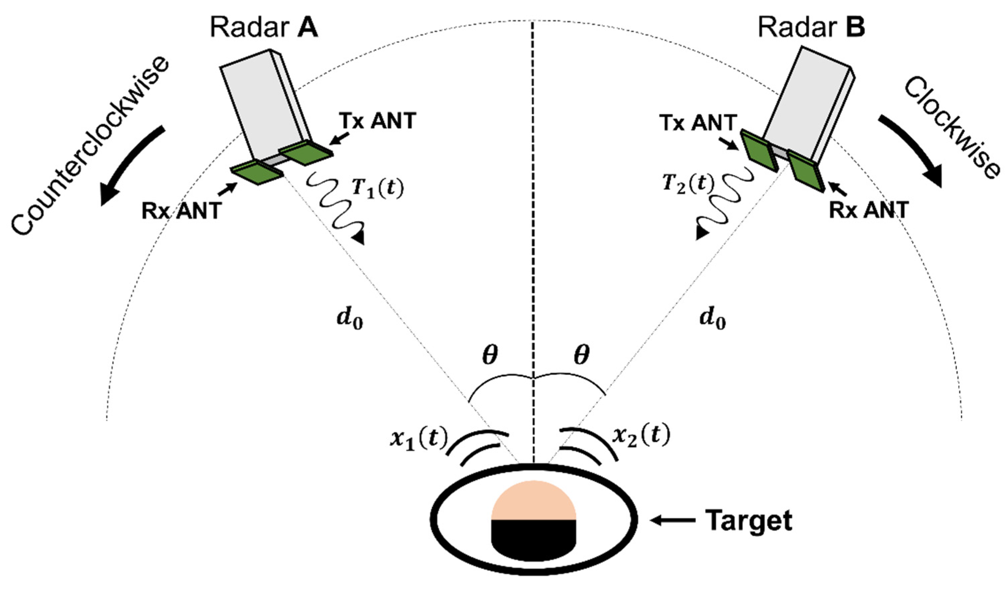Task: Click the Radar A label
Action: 264,27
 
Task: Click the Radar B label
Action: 811,27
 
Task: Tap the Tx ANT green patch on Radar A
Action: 306,153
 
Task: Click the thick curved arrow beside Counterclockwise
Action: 128,164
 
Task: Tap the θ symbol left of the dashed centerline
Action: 490,355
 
